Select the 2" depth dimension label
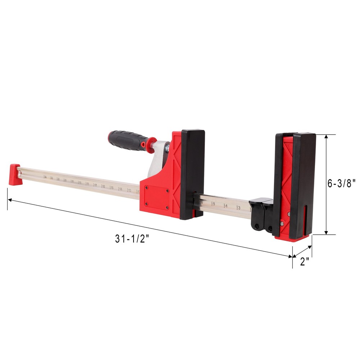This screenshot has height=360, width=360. coord(305,262)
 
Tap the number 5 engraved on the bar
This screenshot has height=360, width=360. coord(213,204)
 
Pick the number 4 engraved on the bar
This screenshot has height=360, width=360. coord(226,206)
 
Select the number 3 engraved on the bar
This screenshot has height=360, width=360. coord(239,208)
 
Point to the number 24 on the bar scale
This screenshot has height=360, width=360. coord(45,177)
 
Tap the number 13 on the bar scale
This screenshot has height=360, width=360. coord(129,190)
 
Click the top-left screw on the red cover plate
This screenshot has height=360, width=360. coord(146,188)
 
